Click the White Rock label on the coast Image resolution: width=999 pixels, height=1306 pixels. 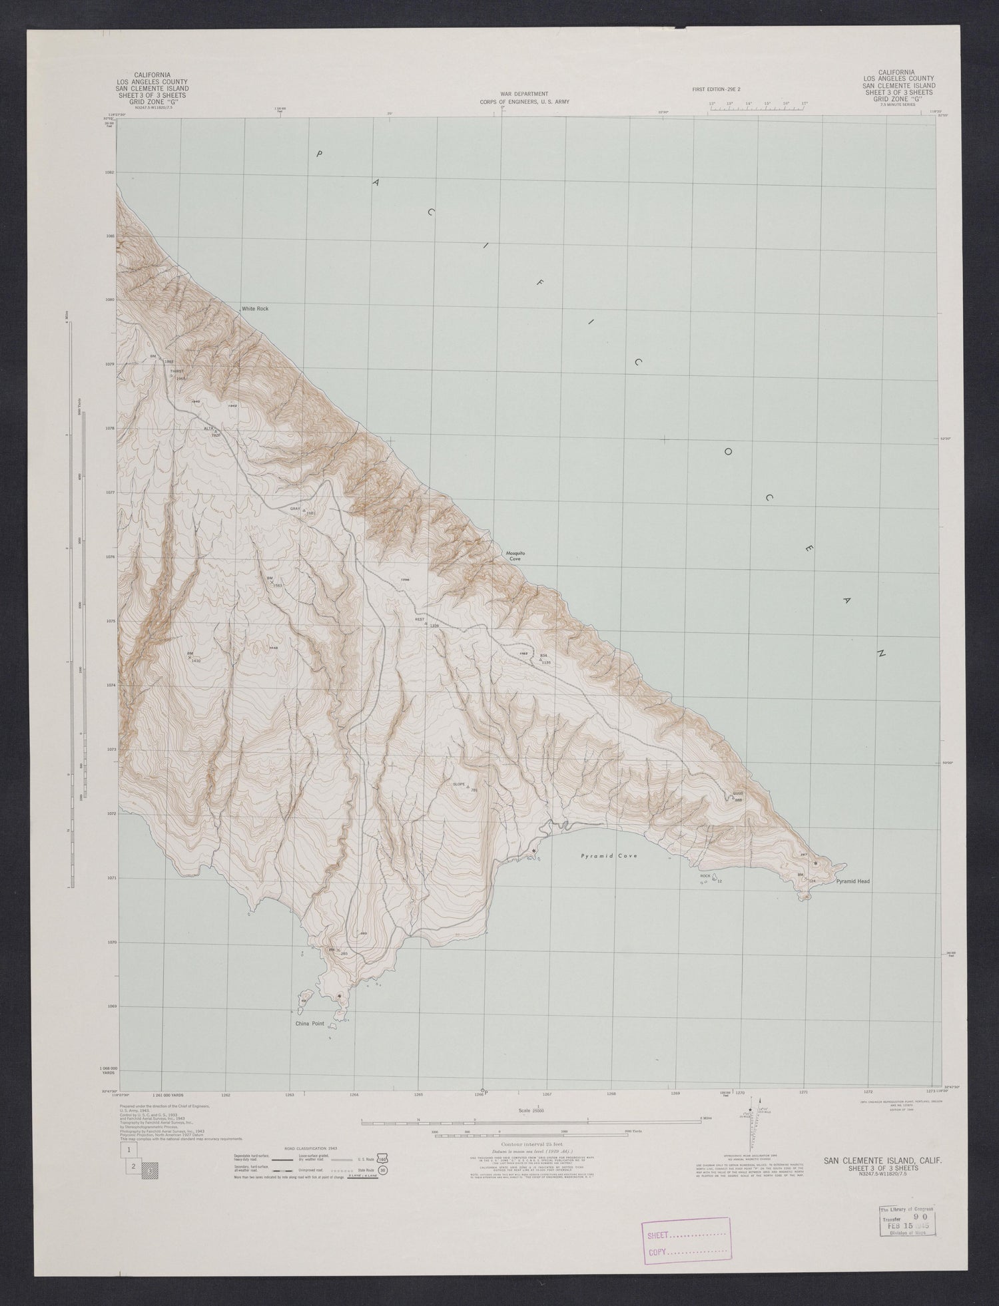click(x=254, y=309)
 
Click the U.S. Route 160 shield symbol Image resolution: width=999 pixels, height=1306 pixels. click(x=382, y=1158)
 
